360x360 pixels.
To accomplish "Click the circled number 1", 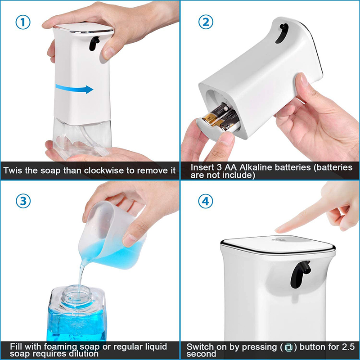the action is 23,22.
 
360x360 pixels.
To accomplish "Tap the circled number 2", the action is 206,22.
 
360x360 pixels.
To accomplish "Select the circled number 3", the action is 23,201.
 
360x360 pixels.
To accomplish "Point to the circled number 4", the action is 206,201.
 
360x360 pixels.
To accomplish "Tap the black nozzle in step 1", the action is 94,43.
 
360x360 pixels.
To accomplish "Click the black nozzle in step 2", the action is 281,33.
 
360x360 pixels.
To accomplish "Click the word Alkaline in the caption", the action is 256,167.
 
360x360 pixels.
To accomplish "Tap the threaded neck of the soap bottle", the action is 76,296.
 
